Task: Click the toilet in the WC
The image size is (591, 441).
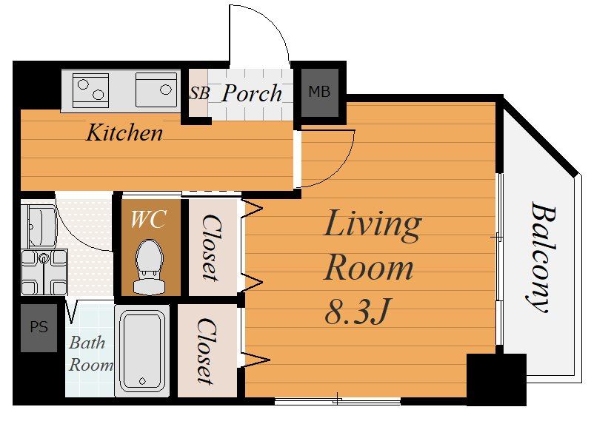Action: point(150,266)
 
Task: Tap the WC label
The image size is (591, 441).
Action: point(148,219)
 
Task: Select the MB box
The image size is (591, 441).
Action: point(320,92)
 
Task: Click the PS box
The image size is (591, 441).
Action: point(39,327)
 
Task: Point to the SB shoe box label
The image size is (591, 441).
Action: point(198,93)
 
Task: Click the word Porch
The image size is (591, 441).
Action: point(252,93)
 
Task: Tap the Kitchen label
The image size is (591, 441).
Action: point(124,132)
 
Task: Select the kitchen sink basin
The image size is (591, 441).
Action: point(156,90)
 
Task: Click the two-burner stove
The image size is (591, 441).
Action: point(90,90)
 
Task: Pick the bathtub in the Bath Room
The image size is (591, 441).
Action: point(142,351)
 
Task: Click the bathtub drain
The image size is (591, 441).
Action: point(142,381)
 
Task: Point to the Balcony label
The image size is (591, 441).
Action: point(541,257)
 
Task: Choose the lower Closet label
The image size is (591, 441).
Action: point(207,351)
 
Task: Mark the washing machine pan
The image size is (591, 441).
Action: point(44,272)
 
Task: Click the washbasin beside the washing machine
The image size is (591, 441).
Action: point(39,226)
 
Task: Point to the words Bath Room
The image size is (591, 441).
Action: point(91,354)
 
